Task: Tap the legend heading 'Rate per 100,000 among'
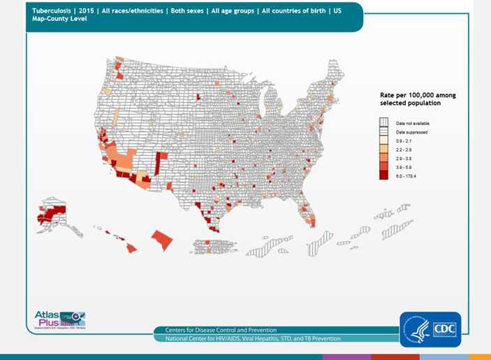[417, 94]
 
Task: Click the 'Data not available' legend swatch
[383, 123]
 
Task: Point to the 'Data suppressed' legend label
[412, 132]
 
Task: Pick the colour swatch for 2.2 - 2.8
[383, 150]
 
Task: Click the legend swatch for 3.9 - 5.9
[383, 167]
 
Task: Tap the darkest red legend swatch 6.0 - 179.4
[383, 176]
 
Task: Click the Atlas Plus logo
[59, 318]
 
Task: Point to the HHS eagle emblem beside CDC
[417, 329]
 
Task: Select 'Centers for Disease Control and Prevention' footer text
[221, 330]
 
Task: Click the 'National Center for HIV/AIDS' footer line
[253, 339]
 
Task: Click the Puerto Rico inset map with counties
[208, 246]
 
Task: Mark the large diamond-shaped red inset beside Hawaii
[161, 239]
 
